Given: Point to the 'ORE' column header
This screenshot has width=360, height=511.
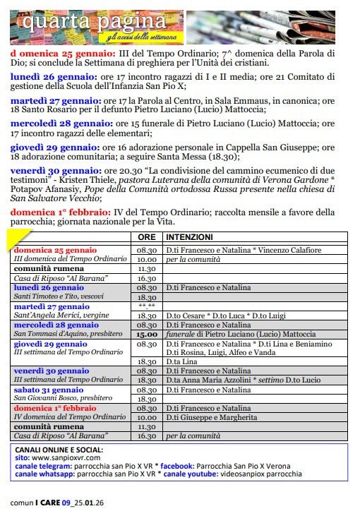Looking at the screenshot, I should click(x=146, y=238).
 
